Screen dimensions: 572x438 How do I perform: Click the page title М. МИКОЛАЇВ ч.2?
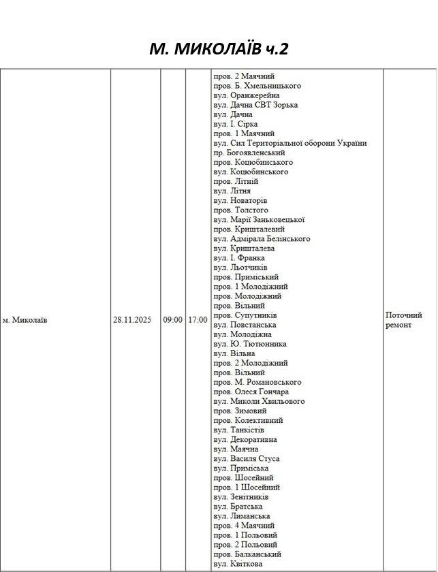(219, 49)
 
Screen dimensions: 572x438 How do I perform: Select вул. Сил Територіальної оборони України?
(290, 144)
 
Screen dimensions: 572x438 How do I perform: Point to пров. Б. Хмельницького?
(257, 86)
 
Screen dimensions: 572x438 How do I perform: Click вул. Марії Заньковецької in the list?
(259, 220)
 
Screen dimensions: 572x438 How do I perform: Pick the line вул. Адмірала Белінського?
(262, 239)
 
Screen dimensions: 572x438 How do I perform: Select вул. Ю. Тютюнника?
(250, 344)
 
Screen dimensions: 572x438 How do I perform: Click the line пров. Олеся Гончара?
(251, 392)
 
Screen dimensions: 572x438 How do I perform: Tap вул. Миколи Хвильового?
(259, 401)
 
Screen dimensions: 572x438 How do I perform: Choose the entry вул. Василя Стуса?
(246, 458)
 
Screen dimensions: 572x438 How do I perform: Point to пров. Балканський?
(247, 554)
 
